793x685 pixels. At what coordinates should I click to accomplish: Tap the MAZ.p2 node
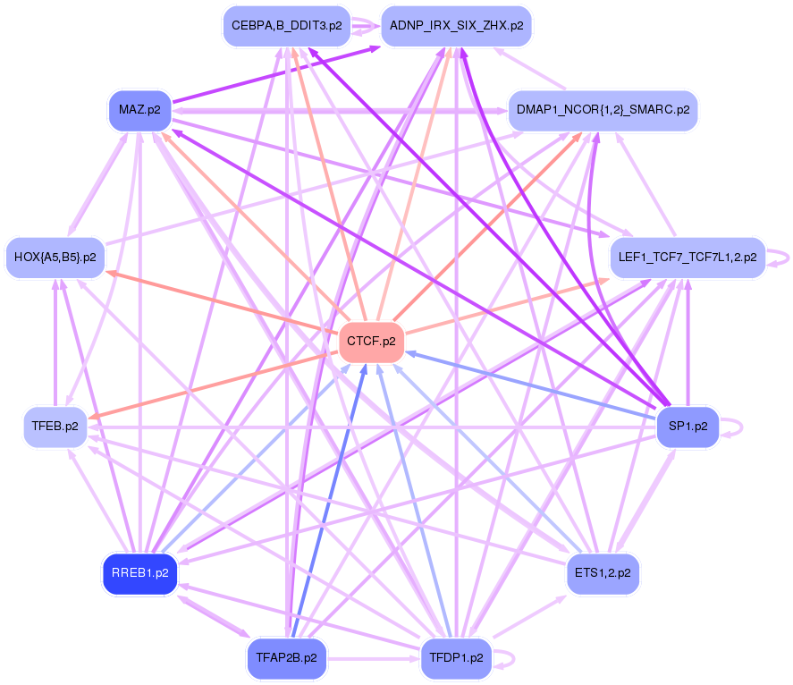pyautogui.click(x=139, y=110)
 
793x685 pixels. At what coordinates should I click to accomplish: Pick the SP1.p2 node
pyautogui.click(x=688, y=427)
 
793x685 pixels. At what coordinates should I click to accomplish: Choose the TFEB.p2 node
pyautogui.click(x=55, y=427)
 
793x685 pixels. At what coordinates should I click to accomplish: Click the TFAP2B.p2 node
pyautogui.click(x=286, y=657)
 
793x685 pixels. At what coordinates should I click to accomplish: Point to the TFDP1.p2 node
pyautogui.click(x=456, y=657)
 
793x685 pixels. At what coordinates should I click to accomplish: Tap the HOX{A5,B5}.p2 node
pyautogui.click(x=55, y=258)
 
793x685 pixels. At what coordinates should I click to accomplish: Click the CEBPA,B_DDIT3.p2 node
pyautogui.click(x=286, y=26)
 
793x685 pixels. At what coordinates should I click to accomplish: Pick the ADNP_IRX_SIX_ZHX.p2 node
pyautogui.click(x=456, y=26)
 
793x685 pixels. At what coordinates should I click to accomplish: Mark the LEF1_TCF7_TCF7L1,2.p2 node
pyautogui.click(x=687, y=258)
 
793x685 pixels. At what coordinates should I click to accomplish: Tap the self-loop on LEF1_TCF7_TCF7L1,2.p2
pyautogui.click(x=785, y=258)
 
